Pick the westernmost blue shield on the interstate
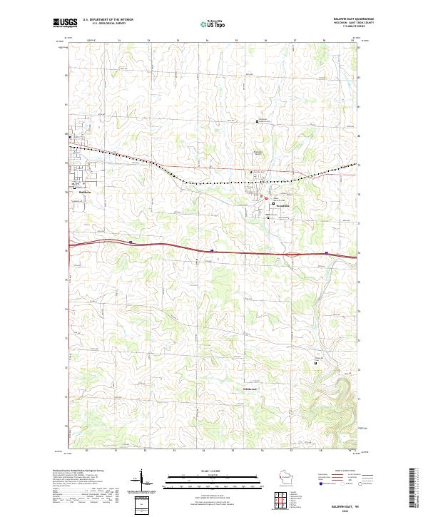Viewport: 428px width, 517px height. [131, 242]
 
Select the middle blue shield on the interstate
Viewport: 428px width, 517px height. [213, 250]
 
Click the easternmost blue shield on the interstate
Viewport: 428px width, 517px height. [326, 252]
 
